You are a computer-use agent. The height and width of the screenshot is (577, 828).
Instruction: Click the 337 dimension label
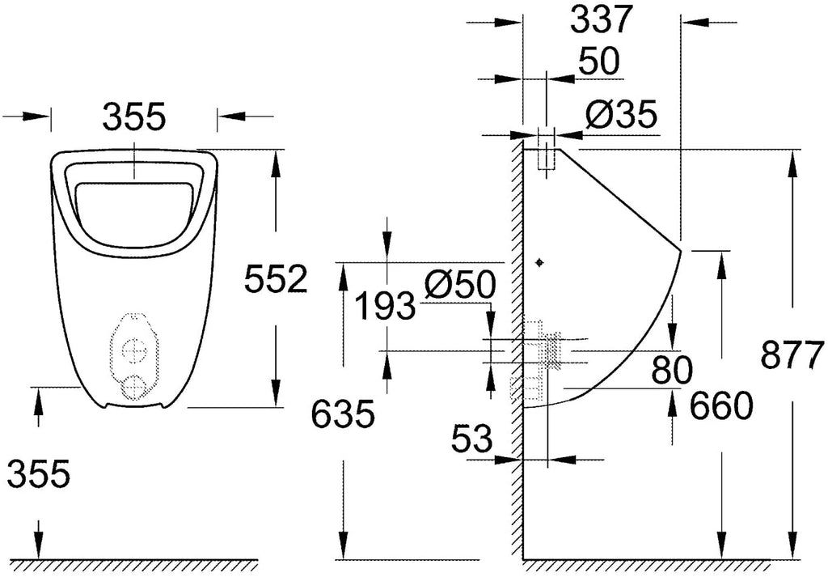click(601, 20)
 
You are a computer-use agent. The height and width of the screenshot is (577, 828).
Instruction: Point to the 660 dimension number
click(721, 405)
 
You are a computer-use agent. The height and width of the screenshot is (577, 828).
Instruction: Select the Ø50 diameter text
click(460, 285)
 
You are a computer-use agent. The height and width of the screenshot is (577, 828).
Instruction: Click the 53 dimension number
click(471, 439)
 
